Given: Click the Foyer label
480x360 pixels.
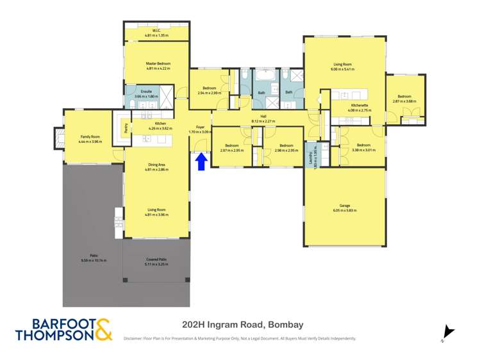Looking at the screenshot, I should pyautogui.click(x=200, y=128).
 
